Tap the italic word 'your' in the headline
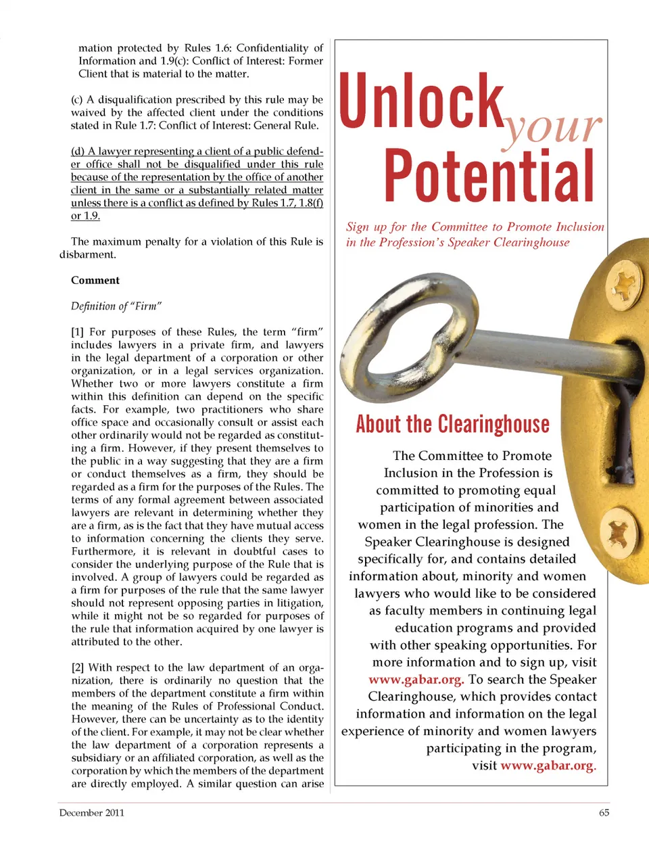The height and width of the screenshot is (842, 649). [x=551, y=127]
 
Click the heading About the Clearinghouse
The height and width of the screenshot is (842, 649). [x=452, y=424]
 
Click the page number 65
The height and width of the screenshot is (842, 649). [x=604, y=813]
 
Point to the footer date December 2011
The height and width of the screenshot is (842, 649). [x=91, y=813]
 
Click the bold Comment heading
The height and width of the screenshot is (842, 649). [x=95, y=281]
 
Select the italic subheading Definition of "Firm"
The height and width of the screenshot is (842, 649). [x=116, y=306]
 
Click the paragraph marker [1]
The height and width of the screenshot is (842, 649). [x=78, y=332]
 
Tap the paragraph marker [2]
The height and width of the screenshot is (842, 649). [x=78, y=668]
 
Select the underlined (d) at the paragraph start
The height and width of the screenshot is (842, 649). [x=78, y=151]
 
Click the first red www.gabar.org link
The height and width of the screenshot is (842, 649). [x=416, y=680]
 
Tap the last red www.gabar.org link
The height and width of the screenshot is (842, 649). [x=548, y=766]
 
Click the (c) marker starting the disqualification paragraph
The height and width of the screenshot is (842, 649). [x=77, y=100]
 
